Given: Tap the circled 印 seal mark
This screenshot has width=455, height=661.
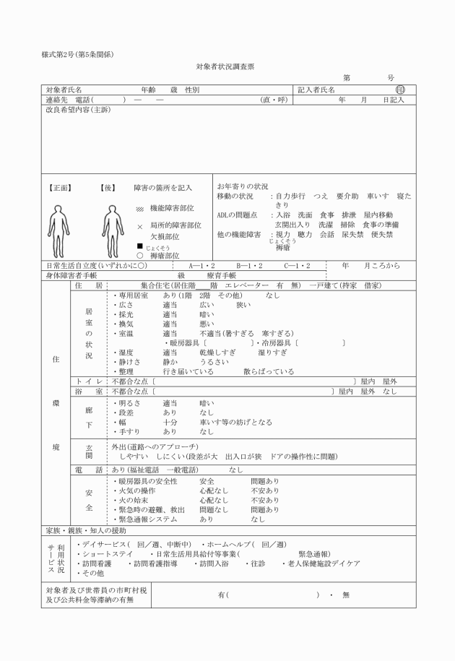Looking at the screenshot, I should [400, 90].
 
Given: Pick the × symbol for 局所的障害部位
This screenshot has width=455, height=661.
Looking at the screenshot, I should [140, 226].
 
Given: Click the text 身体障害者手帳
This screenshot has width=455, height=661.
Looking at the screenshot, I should [71, 275].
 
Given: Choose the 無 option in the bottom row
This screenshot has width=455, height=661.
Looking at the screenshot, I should [345, 595].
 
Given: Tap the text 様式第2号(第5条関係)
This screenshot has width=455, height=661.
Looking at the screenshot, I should [78, 54].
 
